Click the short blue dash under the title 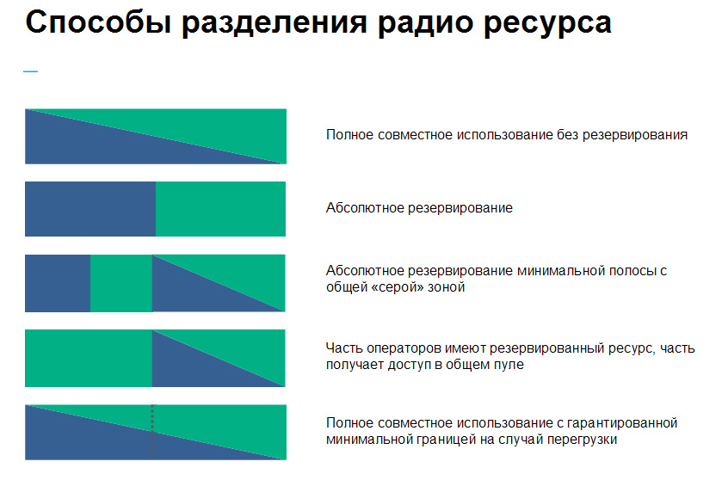coord(30,71)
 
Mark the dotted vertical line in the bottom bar coord(152,430)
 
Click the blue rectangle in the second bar coord(89,208)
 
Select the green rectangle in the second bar coord(220,208)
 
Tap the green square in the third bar coord(121,283)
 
